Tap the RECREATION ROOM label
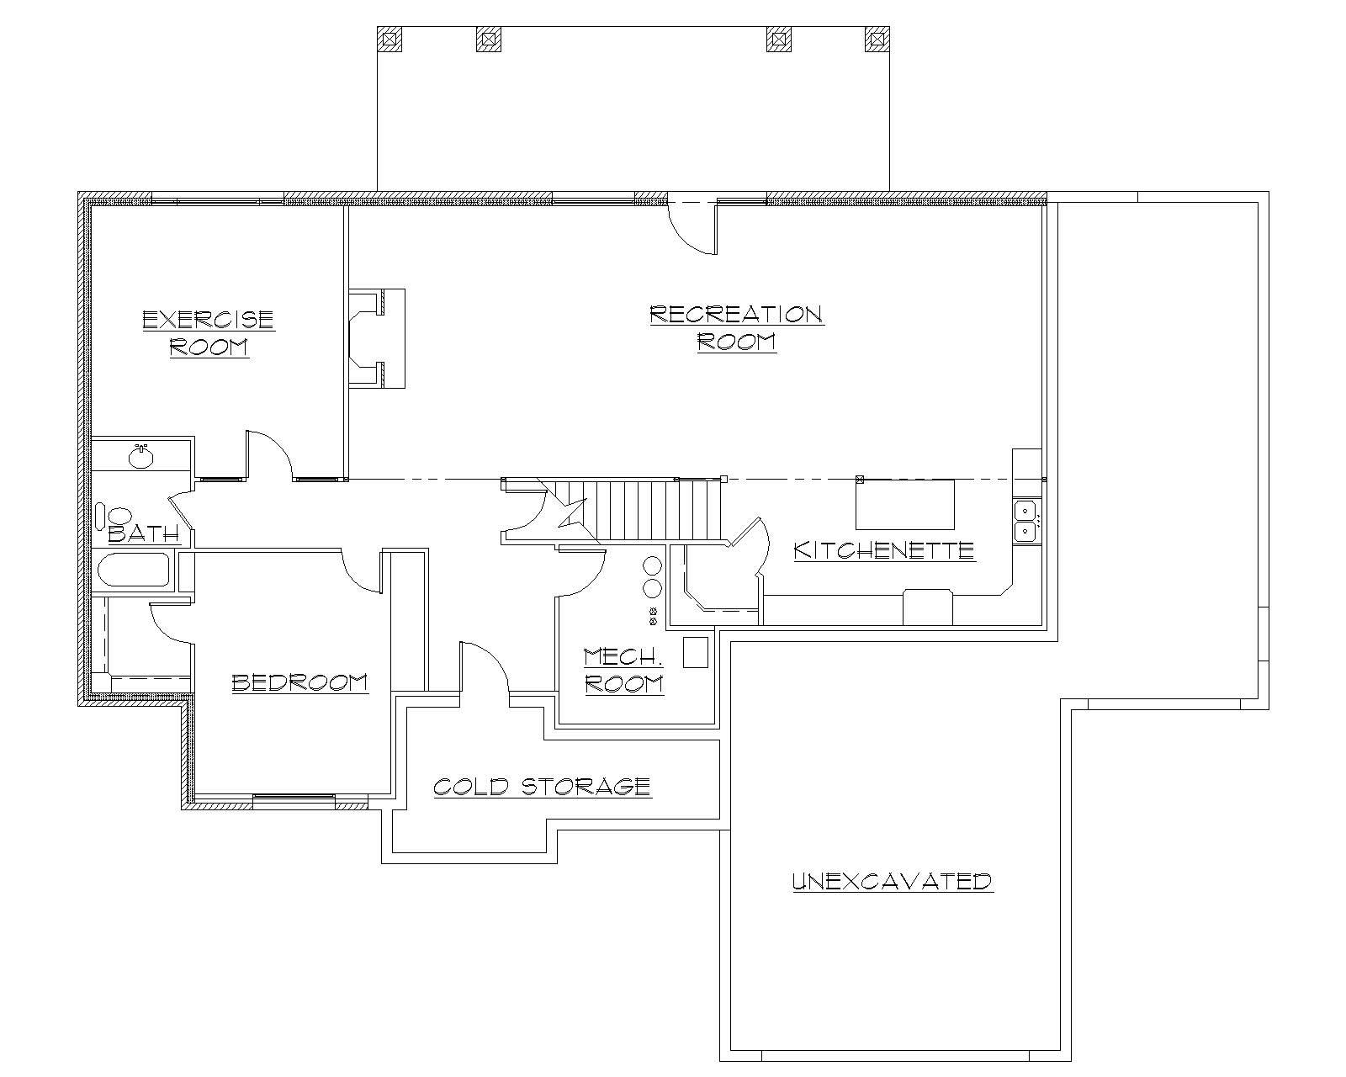click(x=736, y=327)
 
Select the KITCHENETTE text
click(x=884, y=550)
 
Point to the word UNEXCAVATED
click(x=893, y=882)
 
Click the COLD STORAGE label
click(x=542, y=787)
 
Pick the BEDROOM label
click(x=299, y=682)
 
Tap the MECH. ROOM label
click(x=623, y=670)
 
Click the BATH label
click(x=144, y=533)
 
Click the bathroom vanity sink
click(x=140, y=458)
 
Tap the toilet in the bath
click(x=115, y=515)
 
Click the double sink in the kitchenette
click(x=1025, y=521)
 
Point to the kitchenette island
click(x=905, y=503)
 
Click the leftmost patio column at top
click(x=389, y=39)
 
